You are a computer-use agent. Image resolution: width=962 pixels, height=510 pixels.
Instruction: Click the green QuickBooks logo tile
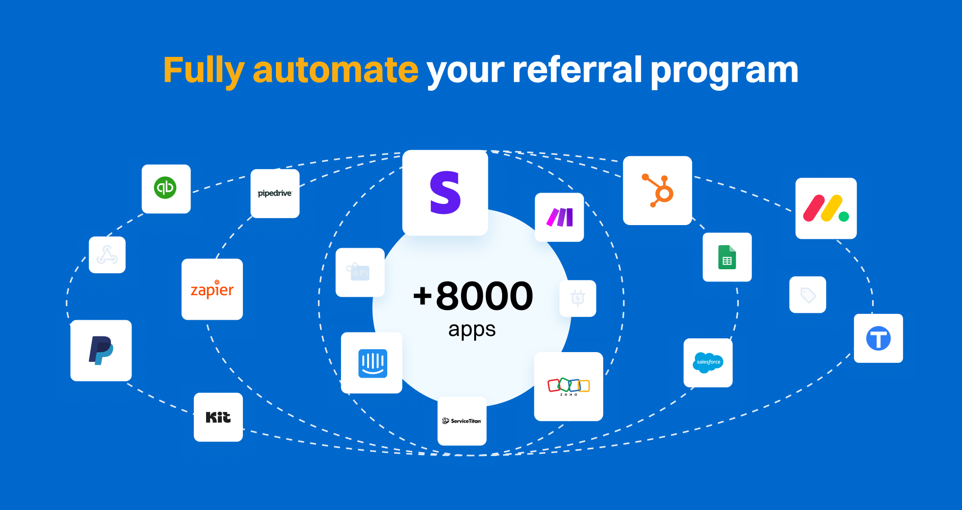coord(166,188)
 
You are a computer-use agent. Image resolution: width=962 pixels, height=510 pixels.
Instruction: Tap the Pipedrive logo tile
coord(275,193)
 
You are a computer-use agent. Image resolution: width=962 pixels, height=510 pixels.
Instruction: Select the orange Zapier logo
coord(212,289)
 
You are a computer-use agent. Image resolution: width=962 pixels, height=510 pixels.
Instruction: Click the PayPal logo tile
coord(101,350)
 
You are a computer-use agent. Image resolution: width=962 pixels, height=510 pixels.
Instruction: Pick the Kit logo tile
coord(218,417)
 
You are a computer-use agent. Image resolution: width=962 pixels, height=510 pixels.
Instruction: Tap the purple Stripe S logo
coord(445,193)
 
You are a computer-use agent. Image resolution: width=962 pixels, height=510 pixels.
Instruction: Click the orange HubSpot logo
coord(658,190)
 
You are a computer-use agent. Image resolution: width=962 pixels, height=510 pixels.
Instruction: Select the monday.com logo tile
coord(826,208)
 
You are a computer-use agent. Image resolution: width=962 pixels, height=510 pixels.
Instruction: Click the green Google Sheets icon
coord(727,257)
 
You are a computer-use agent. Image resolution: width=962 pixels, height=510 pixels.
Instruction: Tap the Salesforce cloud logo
coord(708,362)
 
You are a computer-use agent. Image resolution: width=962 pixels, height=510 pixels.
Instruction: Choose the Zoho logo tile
coord(568,386)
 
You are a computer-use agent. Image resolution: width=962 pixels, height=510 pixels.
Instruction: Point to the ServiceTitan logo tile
coord(462,421)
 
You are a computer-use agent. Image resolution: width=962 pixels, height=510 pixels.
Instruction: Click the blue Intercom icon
coord(373,363)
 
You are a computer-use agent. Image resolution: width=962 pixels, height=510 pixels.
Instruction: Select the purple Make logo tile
coord(560,217)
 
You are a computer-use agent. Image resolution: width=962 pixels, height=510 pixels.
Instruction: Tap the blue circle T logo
coord(878,338)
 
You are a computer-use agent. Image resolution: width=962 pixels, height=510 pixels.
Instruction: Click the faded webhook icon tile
coord(107,255)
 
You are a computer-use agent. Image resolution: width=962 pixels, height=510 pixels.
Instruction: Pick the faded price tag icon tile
coord(807,295)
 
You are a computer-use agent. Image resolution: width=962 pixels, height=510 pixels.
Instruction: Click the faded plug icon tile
coord(578,298)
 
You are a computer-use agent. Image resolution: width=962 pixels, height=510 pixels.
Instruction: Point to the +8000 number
coord(473,296)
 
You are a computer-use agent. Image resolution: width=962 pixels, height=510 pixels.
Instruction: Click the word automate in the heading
coord(335,70)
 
